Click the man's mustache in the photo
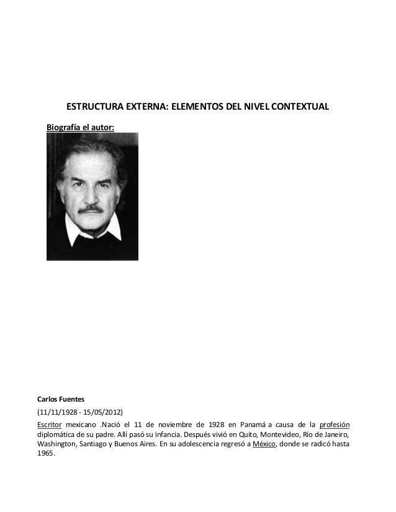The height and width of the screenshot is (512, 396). point(92,209)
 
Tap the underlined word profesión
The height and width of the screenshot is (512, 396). point(334,424)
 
